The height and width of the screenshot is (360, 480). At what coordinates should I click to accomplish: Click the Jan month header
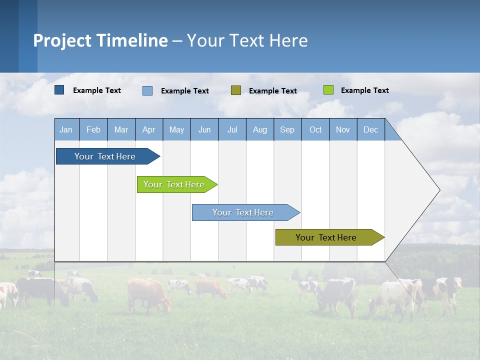pyautogui.click(x=66, y=129)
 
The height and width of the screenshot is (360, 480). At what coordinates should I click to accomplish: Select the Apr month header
pyautogui.click(x=149, y=129)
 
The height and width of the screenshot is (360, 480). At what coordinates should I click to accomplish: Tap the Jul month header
pyautogui.click(x=232, y=129)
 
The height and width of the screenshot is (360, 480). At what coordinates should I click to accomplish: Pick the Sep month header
pyautogui.click(x=287, y=129)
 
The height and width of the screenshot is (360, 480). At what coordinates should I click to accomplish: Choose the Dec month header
pyautogui.click(x=370, y=129)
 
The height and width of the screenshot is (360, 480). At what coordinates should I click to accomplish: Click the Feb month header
pyautogui.click(x=93, y=129)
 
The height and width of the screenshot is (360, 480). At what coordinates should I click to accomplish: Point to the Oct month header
pyautogui.click(x=315, y=129)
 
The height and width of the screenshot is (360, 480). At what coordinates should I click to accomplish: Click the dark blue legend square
pyautogui.click(x=59, y=90)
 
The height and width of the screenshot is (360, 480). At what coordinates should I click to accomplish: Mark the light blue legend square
pyautogui.click(x=147, y=90)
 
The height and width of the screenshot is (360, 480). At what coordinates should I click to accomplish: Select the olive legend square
pyautogui.click(x=236, y=90)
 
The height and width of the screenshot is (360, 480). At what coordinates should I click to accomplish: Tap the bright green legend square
pyautogui.click(x=328, y=90)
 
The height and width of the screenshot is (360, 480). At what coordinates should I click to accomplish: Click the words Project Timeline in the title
pyautogui.click(x=100, y=40)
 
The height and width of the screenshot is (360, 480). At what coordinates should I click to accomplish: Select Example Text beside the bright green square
pyautogui.click(x=364, y=90)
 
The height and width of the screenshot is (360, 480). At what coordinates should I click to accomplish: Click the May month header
pyautogui.click(x=176, y=129)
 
